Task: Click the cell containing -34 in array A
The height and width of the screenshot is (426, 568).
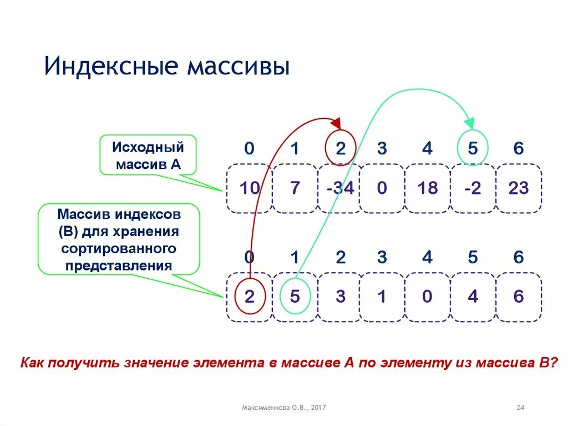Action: pos(340,188)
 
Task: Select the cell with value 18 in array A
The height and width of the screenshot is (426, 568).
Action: pos(427,188)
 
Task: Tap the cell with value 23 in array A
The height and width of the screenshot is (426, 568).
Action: pos(518,188)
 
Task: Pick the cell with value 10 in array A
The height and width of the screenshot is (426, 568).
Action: pos(249,188)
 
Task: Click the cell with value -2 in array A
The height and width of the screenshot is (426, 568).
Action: pos(473,188)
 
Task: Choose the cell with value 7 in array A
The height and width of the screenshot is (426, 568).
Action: pos(295,188)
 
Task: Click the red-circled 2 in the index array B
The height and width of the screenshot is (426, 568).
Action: pos(249,297)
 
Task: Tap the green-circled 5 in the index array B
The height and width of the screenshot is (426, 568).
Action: pos(295,297)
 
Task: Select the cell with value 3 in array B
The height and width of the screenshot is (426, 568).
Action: pos(340,297)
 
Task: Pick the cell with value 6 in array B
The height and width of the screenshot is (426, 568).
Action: pos(518,297)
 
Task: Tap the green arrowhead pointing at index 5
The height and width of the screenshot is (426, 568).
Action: pos(470,123)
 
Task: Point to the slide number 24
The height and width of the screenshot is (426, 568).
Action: pos(520,408)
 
